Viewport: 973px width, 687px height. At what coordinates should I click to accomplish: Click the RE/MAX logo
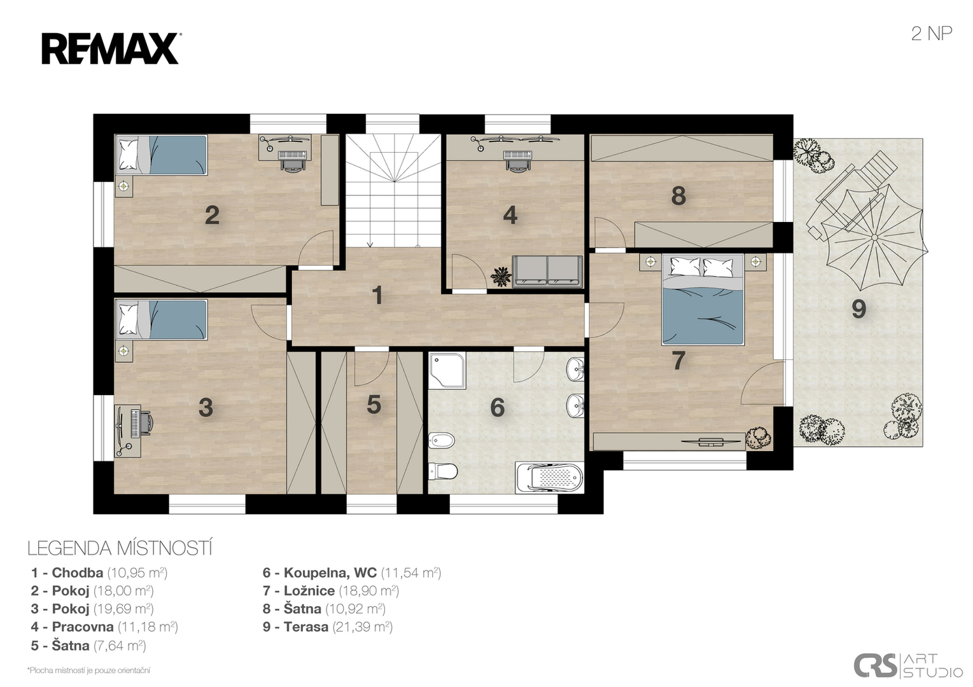(111, 48)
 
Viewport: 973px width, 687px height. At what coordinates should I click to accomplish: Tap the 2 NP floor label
(931, 34)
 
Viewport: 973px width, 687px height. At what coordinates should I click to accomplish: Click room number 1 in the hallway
(377, 295)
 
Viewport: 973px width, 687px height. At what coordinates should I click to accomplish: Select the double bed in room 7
(703, 300)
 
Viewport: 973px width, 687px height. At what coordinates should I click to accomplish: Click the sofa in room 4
(547, 272)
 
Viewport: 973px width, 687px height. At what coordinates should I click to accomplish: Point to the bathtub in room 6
(549, 478)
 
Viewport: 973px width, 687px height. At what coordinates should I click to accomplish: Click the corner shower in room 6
(447, 370)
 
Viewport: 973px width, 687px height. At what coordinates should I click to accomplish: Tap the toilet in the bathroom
(443, 471)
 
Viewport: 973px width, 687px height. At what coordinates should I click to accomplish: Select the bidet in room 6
(442, 440)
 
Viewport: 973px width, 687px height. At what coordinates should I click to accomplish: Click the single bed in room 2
(161, 155)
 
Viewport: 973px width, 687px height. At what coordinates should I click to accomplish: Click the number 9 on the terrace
(858, 309)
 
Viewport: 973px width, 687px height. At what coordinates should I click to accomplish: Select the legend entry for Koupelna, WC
(352, 572)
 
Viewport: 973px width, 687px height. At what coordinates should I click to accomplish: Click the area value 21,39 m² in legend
(363, 627)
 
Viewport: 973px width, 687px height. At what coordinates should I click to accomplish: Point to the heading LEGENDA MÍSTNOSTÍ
(120, 548)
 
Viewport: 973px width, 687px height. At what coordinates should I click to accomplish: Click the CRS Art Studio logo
(908, 665)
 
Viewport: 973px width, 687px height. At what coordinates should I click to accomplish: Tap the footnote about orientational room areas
(88, 670)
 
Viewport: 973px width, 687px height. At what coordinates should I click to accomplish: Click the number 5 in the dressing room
(374, 405)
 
